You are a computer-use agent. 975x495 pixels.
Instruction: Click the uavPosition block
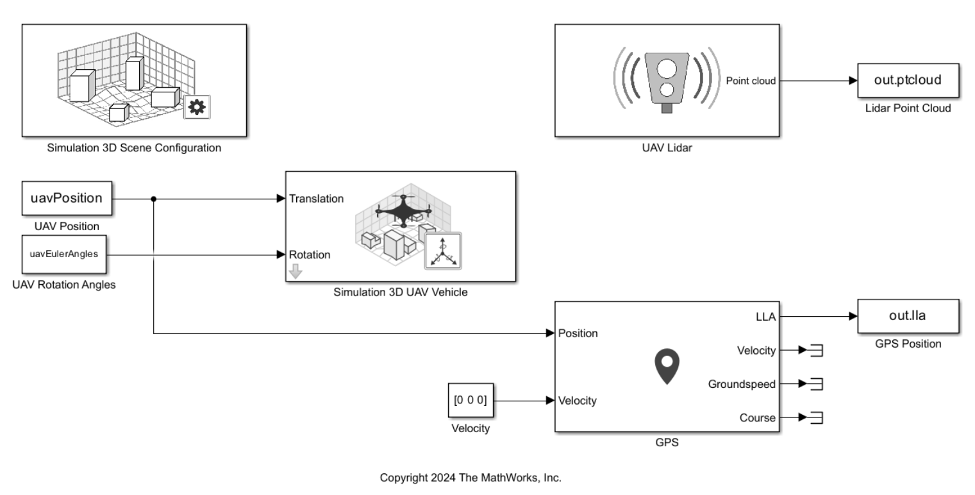[x=67, y=198]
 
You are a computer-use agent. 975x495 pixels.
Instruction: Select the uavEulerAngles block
[x=64, y=253]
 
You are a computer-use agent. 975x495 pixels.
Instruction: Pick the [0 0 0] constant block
[x=470, y=401]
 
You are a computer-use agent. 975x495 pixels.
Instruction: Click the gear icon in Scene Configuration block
[x=197, y=108]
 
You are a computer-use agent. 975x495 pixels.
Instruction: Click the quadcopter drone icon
[x=403, y=210]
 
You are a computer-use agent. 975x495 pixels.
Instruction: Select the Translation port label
[x=317, y=199]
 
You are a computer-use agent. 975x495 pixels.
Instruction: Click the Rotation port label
[x=310, y=255]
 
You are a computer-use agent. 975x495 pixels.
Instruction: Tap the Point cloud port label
[x=751, y=81]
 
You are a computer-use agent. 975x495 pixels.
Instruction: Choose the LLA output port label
[x=765, y=316]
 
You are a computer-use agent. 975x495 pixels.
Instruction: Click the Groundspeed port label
[x=742, y=384]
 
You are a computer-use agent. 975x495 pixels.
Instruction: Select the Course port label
[x=757, y=418]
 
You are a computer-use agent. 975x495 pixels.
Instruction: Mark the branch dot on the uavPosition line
[x=154, y=199]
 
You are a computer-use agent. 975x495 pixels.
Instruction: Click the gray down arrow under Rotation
[x=296, y=272]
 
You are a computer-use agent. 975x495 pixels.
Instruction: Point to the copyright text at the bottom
[x=471, y=478]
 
